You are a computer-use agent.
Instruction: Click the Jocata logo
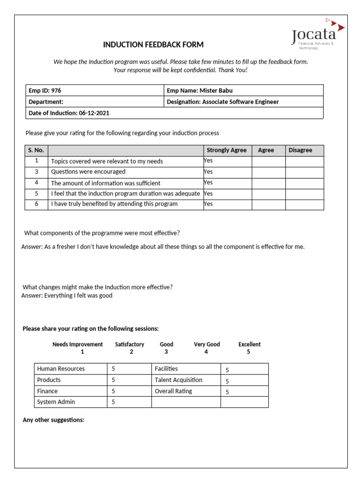(x=317, y=35)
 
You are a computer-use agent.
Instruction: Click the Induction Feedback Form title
(x=153, y=45)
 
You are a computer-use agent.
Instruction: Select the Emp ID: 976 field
(x=45, y=91)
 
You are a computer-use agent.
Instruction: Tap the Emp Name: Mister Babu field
(x=200, y=91)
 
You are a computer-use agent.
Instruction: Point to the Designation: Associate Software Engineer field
(x=223, y=102)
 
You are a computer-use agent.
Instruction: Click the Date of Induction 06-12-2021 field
(x=69, y=113)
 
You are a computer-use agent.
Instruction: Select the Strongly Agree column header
(x=227, y=150)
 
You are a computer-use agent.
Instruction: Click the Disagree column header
(x=300, y=150)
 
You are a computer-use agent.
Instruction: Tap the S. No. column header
(x=36, y=150)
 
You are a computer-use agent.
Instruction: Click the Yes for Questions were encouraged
(x=208, y=172)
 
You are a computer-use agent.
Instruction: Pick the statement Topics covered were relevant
(x=107, y=161)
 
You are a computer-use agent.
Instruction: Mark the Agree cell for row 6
(x=268, y=204)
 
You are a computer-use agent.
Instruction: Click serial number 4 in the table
(x=36, y=183)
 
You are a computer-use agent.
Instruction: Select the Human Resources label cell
(x=61, y=369)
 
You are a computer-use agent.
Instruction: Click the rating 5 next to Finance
(x=114, y=391)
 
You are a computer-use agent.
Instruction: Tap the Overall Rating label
(x=173, y=391)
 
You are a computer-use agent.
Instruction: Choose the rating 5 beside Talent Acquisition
(x=227, y=381)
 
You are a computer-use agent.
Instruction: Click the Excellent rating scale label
(x=249, y=344)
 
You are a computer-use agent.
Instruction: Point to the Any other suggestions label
(x=53, y=420)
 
